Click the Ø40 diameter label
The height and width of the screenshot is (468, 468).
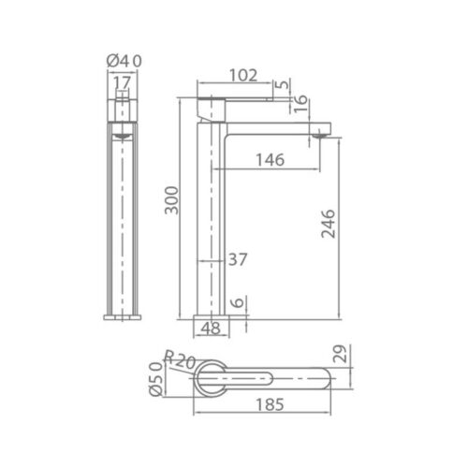(124, 61)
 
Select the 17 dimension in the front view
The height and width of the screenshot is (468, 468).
(122, 82)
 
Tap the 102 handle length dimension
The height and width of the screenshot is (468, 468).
(243, 75)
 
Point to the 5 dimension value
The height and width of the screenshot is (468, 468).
(283, 84)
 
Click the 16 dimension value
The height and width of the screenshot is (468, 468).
(300, 104)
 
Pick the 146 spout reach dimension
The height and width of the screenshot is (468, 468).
(271, 160)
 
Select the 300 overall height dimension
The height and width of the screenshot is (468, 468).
(172, 200)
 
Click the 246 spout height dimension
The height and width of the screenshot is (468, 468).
(329, 224)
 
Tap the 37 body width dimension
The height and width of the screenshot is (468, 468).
(238, 259)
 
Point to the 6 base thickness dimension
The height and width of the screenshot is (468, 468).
(238, 302)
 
